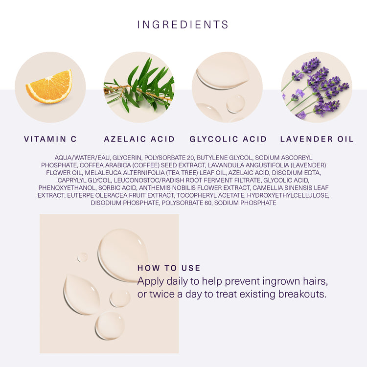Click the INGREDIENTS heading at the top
tap(183, 24)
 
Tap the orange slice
tap(50, 87)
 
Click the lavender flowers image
tap(317, 87)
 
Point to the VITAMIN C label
tap(50, 139)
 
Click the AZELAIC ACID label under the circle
tap(139, 139)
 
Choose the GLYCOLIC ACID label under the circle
tap(229, 139)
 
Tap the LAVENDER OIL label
tap(317, 139)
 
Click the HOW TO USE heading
tap(169, 268)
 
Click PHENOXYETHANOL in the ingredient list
tap(64, 187)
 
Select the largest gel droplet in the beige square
tap(122, 254)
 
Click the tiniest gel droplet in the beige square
tap(82, 257)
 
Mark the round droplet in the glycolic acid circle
tap(235, 103)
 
